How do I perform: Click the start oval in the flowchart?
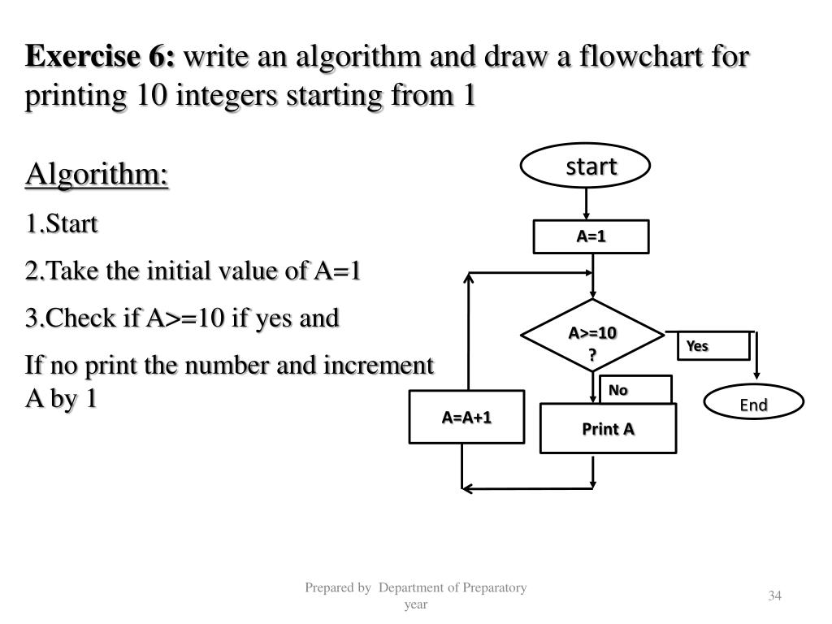tap(585, 167)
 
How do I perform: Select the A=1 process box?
tap(591, 236)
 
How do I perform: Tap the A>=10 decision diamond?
tap(592, 341)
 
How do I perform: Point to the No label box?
tap(635, 390)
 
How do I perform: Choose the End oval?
tap(753, 405)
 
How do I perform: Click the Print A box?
tap(608, 428)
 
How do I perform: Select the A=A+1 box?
tap(466, 417)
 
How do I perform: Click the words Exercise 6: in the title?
tap(101, 58)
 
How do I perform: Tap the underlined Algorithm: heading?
tap(97, 175)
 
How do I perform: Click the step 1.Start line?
tap(62, 223)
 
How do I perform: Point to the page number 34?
tap(774, 596)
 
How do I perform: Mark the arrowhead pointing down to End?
tap(757, 375)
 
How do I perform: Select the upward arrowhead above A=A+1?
tap(468, 278)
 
